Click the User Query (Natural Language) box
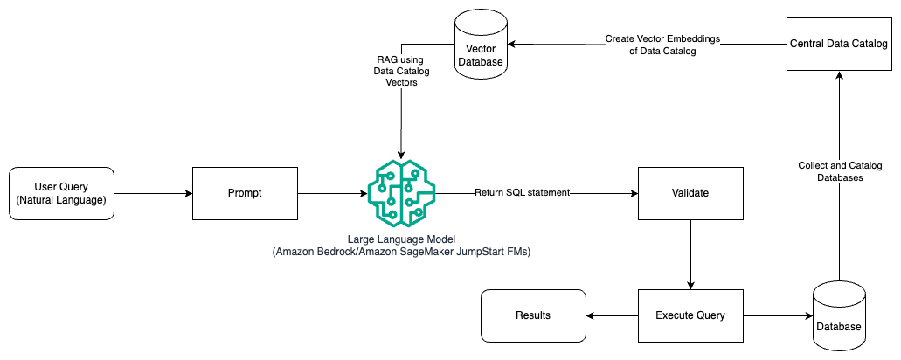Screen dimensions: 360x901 point(61,192)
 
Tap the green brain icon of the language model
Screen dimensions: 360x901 point(399,192)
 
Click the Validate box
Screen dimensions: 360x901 point(690,192)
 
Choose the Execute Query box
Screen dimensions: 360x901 point(690,315)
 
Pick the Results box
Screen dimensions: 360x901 point(533,315)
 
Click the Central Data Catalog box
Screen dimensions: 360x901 point(838,43)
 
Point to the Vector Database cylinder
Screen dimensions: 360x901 point(482,44)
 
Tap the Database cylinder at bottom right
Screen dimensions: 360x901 point(838,315)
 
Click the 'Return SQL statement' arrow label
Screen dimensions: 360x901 point(522,192)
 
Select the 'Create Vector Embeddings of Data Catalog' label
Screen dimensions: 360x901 point(651,45)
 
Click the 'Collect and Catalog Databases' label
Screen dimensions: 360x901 point(839,170)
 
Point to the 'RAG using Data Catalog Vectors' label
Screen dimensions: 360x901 point(400,69)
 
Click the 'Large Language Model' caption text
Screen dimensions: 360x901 point(399,240)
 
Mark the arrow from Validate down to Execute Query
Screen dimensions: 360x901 point(690,253)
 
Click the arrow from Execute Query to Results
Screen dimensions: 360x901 point(612,315)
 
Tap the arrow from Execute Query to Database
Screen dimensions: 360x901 point(778,315)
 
